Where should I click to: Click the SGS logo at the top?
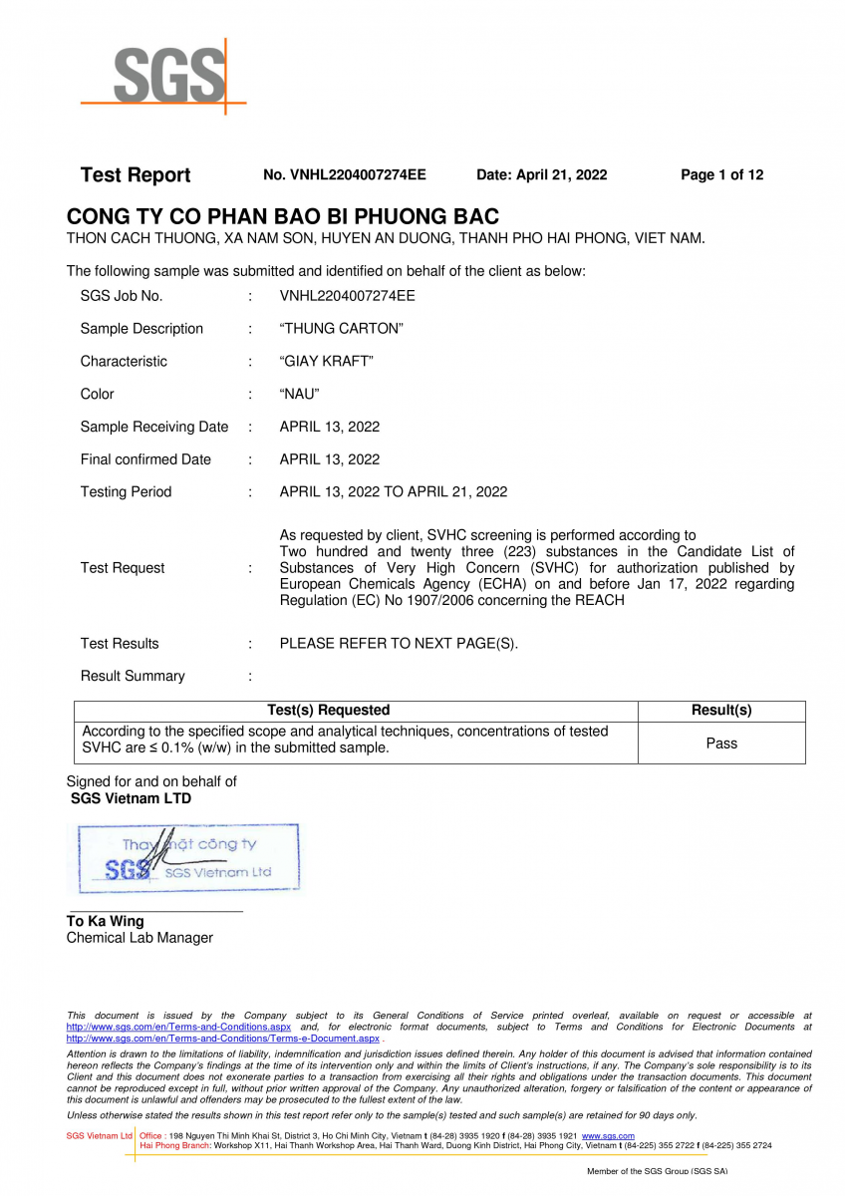click(164, 75)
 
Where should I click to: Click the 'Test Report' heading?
click(135, 175)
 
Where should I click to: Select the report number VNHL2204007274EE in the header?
click(345, 175)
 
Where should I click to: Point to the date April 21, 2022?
click(541, 175)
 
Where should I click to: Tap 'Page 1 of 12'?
click(721, 175)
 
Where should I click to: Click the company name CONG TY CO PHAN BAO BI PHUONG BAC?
click(283, 216)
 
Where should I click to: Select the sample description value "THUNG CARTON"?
click(341, 329)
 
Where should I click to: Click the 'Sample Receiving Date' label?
click(154, 427)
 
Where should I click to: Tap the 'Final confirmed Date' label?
click(145, 459)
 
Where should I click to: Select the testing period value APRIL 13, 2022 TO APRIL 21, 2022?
click(393, 492)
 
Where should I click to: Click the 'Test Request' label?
click(123, 568)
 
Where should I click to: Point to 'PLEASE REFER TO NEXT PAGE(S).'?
click(399, 644)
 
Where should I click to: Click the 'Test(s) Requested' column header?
click(329, 711)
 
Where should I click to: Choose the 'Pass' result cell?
click(721, 744)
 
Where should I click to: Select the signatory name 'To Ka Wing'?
click(106, 922)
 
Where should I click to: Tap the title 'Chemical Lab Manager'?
click(140, 938)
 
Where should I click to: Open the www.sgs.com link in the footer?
click(608, 1136)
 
